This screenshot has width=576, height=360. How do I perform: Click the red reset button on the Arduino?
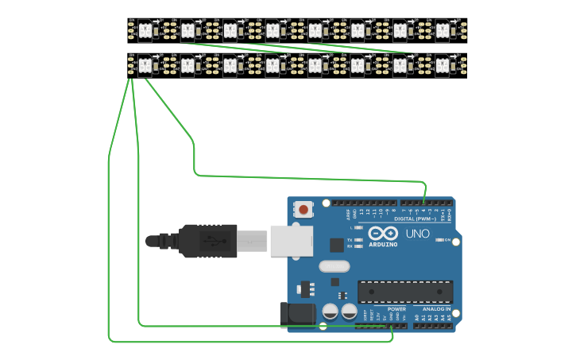(x=303, y=210)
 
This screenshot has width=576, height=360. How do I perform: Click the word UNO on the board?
(x=417, y=234)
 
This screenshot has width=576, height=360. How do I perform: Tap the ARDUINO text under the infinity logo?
(x=383, y=244)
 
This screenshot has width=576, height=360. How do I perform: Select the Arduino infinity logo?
(x=383, y=233)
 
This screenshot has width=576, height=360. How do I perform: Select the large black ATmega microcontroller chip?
(x=404, y=292)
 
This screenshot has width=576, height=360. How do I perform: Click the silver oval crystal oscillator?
(x=334, y=266)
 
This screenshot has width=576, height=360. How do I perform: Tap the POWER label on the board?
(x=396, y=308)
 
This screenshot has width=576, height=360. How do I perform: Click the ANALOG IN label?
(x=436, y=308)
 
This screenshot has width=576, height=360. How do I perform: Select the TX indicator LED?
(x=359, y=239)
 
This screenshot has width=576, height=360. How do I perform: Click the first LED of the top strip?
(x=145, y=30)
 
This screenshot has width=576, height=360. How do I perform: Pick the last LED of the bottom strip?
(x=443, y=64)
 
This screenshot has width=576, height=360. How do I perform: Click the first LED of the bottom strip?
(x=145, y=64)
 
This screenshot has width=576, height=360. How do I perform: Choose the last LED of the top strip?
(x=443, y=30)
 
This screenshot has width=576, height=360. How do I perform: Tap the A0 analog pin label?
(x=416, y=316)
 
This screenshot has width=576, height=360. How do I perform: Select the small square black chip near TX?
(x=337, y=245)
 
